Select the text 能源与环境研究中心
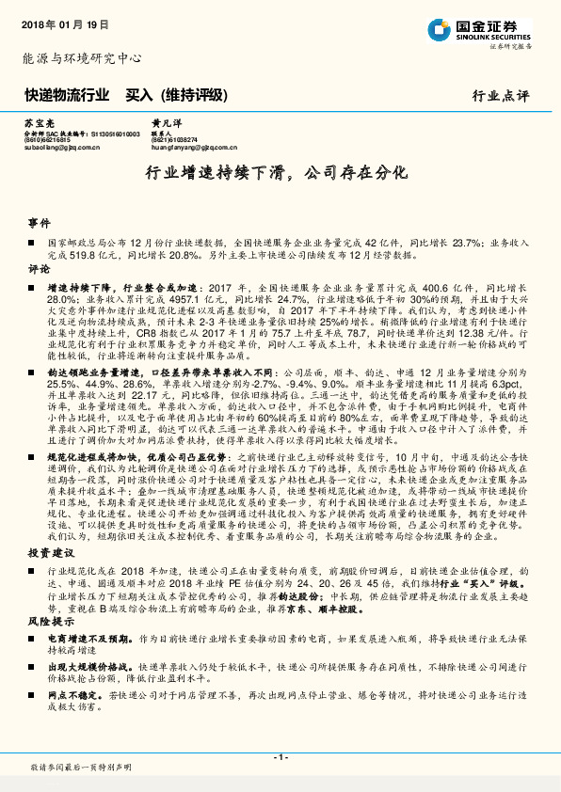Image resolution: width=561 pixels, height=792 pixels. pos(81,58)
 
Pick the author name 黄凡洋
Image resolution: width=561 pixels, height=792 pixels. pos(165,123)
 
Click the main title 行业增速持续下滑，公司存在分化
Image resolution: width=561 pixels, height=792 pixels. pos(280,174)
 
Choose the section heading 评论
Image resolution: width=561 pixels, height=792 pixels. pos(38,269)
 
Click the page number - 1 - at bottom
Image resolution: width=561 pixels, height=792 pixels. pos(280,756)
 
